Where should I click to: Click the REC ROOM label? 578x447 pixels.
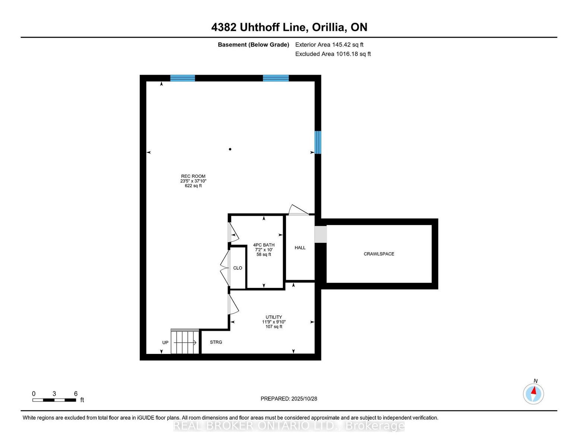(193, 176)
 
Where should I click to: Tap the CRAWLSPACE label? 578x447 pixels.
(379, 254)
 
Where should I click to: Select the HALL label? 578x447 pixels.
(300, 248)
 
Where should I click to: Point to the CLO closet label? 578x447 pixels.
(238, 268)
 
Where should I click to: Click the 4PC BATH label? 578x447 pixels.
(264, 245)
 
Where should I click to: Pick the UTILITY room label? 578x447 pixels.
(274, 317)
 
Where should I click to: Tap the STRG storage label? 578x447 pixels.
(216, 342)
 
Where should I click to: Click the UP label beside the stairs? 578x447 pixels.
(165, 342)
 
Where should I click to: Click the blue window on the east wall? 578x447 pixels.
(318, 142)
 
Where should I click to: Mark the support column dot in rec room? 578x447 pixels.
(230, 149)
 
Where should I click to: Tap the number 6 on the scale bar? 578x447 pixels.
(76, 394)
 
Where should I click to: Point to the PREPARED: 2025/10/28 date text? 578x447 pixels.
(289, 399)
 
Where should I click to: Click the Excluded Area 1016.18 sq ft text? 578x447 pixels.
(333, 54)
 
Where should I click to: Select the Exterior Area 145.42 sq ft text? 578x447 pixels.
(329, 45)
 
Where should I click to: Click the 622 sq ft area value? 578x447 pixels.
(193, 186)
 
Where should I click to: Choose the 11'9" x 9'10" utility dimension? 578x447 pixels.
(274, 322)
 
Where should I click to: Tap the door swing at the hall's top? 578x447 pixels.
(298, 210)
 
